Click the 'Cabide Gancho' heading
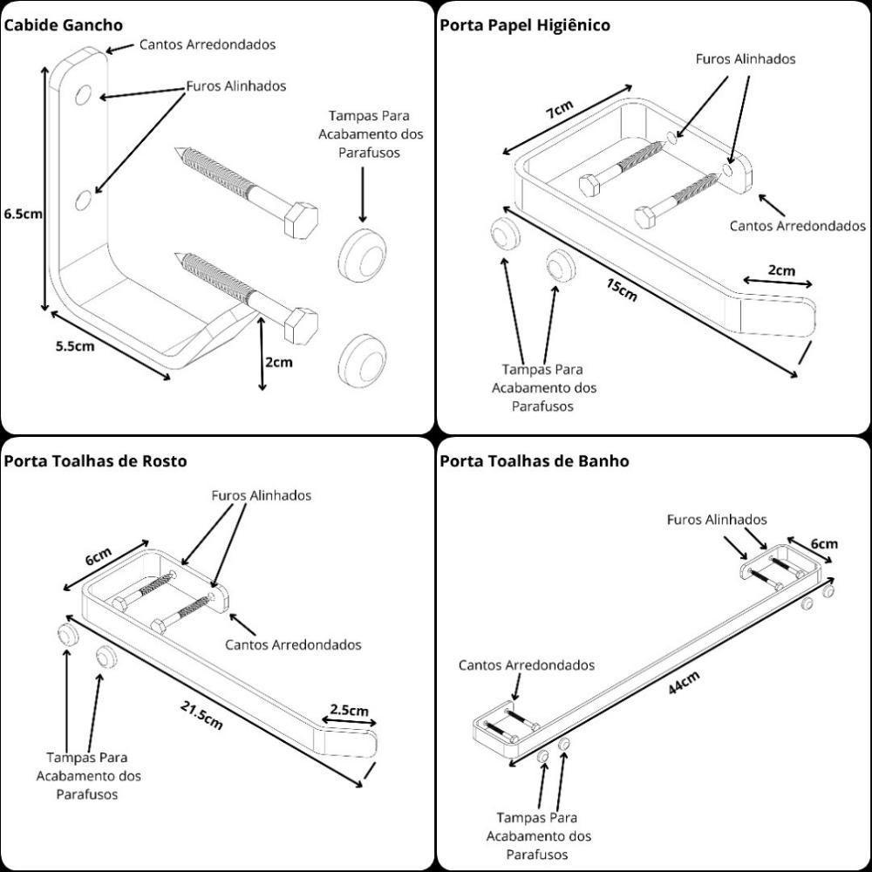pos(63,25)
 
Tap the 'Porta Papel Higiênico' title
pos(524,25)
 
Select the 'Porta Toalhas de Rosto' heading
pos(95,461)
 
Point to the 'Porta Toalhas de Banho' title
pos(534,461)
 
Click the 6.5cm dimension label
pos(21,212)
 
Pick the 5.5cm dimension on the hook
pos(74,345)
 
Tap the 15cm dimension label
pos(621,290)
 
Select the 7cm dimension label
pos(559,111)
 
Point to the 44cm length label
pos(683,682)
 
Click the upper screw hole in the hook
pos(85,94)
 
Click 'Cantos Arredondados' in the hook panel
pos(208,44)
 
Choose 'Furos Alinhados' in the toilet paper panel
pos(745,59)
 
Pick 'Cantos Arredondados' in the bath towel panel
pos(527,665)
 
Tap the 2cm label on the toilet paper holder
pos(781,270)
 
